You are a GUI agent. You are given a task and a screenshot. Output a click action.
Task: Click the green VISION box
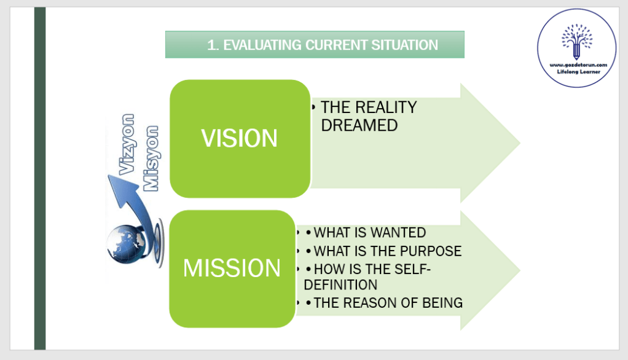(240, 139)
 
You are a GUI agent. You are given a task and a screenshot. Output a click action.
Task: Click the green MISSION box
(232, 268)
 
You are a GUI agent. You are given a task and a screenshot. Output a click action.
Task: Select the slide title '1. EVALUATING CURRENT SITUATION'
(314, 45)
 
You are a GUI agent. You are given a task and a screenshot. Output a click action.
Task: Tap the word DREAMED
(359, 125)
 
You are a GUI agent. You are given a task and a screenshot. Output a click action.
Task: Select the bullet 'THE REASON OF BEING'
(388, 303)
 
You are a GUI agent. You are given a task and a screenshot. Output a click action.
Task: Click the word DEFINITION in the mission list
(340, 285)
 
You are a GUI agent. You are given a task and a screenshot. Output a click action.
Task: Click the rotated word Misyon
(151, 158)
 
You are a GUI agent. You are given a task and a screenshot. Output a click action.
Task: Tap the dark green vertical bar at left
(40, 178)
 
